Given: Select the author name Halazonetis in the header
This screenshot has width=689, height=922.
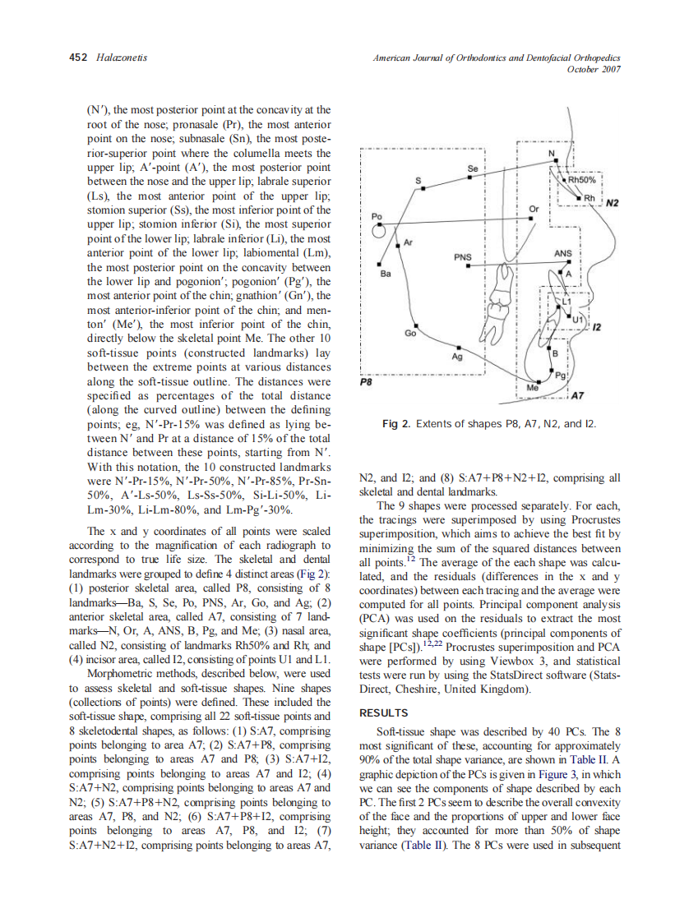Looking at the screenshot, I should pos(121,58).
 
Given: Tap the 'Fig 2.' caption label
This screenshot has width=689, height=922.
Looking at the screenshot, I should pos(398,423).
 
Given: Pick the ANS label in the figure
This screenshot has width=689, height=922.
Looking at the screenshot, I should pos(562,253).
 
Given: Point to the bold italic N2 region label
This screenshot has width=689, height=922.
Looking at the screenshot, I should pos(613,202).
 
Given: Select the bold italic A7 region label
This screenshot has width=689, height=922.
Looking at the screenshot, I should pos(577,395).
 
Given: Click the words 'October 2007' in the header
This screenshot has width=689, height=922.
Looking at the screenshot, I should pos(594,69).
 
